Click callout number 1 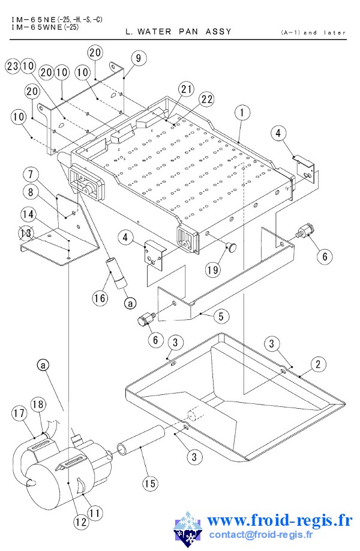click(242, 113)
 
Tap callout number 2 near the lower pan click(318, 364)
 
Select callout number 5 click(221, 316)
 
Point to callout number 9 click(139, 58)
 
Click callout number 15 click(150, 484)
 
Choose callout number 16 click(100, 298)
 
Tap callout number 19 click(213, 270)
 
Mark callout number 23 click(13, 65)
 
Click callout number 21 click(186, 89)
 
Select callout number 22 click(207, 100)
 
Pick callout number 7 click(31, 174)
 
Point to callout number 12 click(81, 522)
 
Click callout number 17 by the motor click(19, 413)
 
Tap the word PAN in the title click(188, 32)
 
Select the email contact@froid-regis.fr click(260, 535)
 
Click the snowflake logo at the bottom click(188, 529)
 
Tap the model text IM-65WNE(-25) click(46, 27)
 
